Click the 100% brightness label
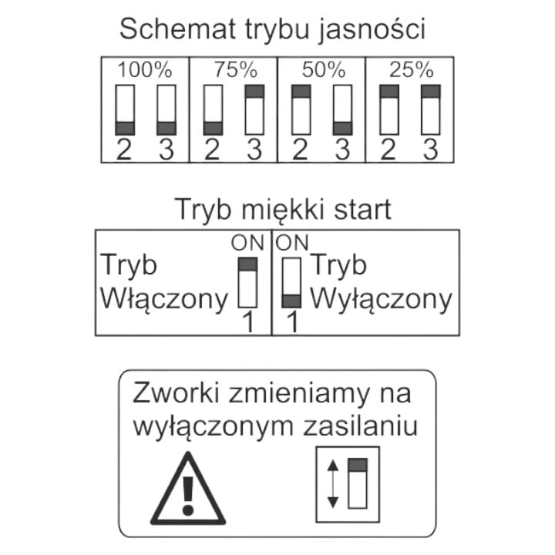[x=145, y=70]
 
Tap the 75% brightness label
[x=234, y=70]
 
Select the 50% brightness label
[x=322, y=70]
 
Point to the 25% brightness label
[x=410, y=70]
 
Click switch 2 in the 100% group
[x=125, y=110]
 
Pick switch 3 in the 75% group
[x=254, y=110]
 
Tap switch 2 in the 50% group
[x=301, y=110]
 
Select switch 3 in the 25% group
[x=430, y=110]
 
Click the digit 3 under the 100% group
[x=166, y=150]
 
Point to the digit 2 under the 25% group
[x=389, y=150]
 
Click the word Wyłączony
[x=381, y=298]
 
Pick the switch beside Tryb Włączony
[x=248, y=283]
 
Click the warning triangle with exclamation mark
[x=189, y=488]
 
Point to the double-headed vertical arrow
[x=333, y=484]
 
